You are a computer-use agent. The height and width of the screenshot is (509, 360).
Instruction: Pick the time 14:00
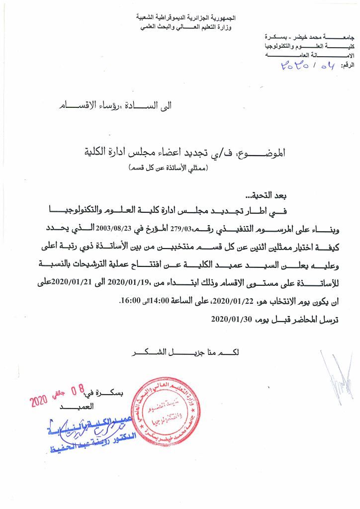point(165,301)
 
